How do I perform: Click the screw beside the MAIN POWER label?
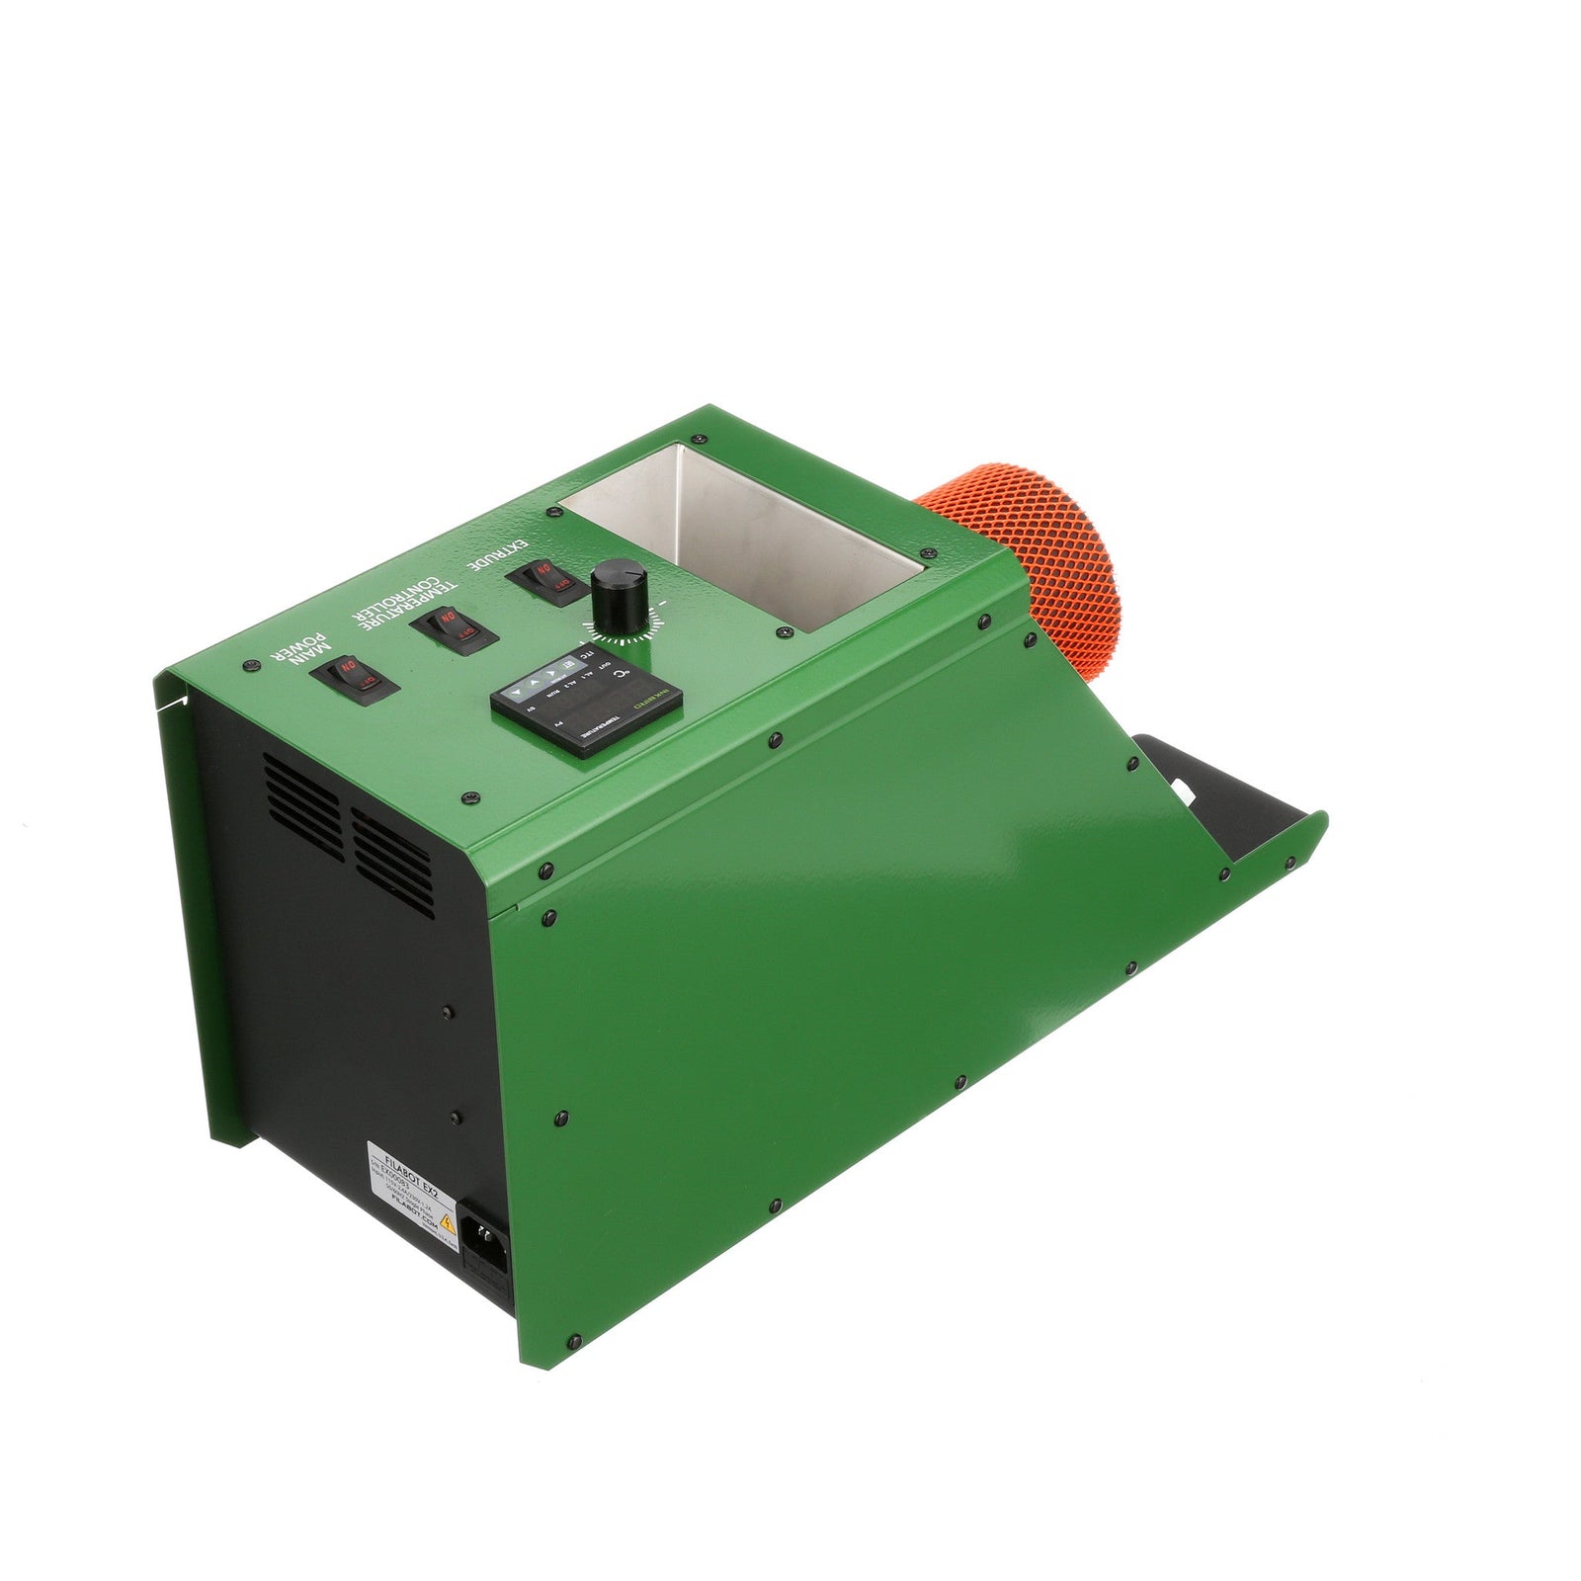pyautogui.click(x=247, y=668)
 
